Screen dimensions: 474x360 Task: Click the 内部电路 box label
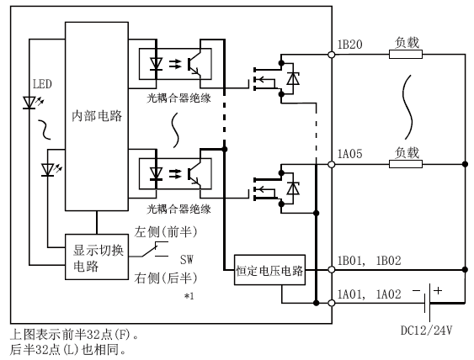click(x=97, y=116)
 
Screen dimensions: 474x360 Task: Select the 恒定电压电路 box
click(x=269, y=270)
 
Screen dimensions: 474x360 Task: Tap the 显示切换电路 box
click(x=97, y=257)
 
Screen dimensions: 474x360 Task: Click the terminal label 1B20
click(x=349, y=45)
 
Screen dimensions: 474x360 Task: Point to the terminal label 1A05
click(x=349, y=154)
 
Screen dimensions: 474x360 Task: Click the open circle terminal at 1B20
click(x=332, y=55)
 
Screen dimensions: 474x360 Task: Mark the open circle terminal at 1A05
click(x=332, y=165)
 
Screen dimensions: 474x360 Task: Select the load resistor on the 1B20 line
click(x=406, y=55)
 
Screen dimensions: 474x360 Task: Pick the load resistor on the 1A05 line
click(x=406, y=164)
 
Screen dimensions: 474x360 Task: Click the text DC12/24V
click(x=427, y=331)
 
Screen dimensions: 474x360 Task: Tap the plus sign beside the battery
click(x=438, y=290)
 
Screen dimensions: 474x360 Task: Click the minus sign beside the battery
click(x=417, y=290)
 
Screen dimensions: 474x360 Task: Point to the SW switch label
click(x=187, y=259)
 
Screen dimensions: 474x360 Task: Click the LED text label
click(x=42, y=84)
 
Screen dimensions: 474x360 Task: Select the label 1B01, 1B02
click(x=369, y=261)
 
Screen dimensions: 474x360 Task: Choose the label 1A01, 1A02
click(x=369, y=294)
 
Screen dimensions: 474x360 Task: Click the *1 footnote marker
click(x=189, y=296)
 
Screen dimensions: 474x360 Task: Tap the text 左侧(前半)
click(x=166, y=232)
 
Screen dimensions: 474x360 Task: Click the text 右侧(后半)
click(x=166, y=278)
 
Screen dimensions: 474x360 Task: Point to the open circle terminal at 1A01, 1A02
click(x=332, y=303)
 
